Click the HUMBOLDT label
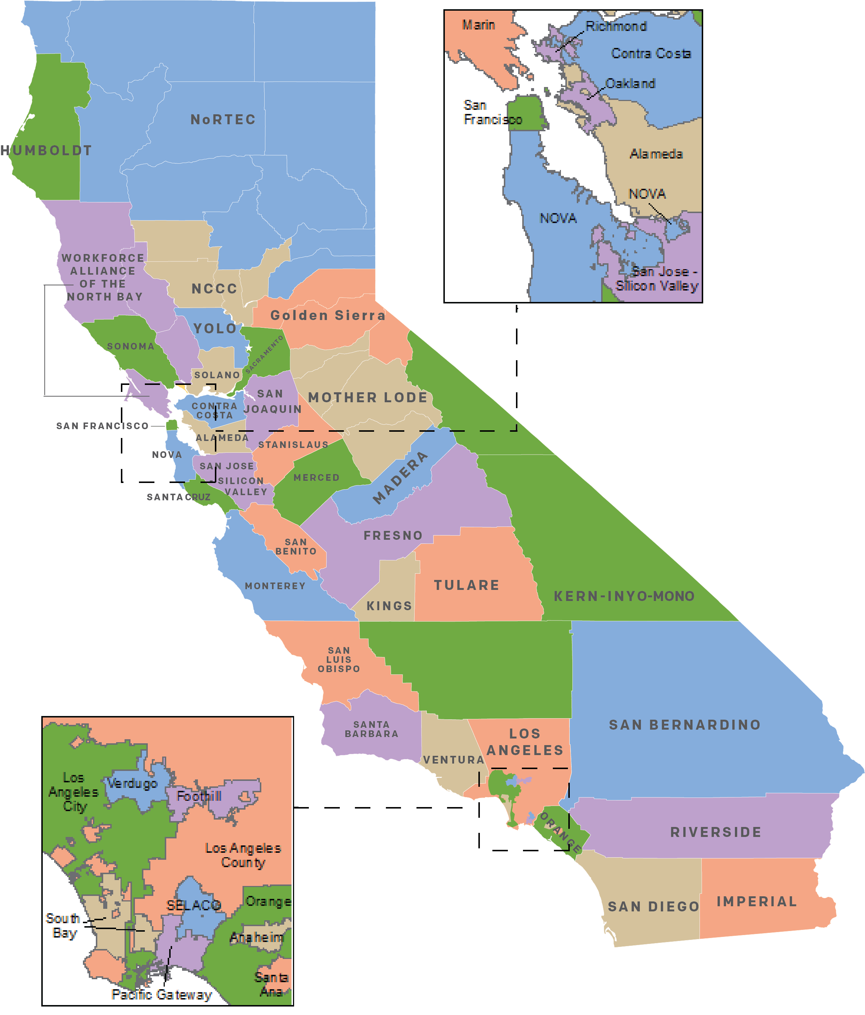(x=46, y=150)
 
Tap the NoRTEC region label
(x=223, y=119)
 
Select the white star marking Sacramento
(x=249, y=348)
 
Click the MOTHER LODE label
(x=368, y=397)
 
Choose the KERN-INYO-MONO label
(x=624, y=596)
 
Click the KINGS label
(x=390, y=606)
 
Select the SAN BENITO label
(x=296, y=547)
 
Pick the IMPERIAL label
(x=757, y=901)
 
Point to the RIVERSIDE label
(x=716, y=832)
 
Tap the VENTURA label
(x=454, y=760)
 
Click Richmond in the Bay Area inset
(x=616, y=27)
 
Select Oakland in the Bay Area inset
(x=630, y=84)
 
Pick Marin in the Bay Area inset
(x=478, y=25)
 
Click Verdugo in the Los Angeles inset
(x=132, y=783)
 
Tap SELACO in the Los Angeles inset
(x=194, y=905)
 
